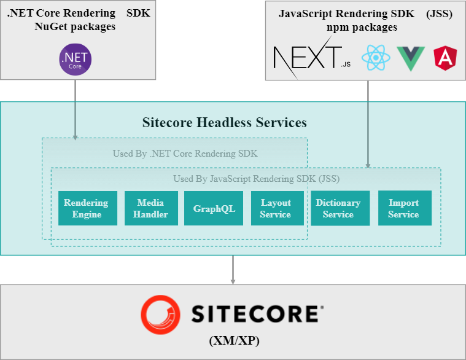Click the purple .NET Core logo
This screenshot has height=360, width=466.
(75, 60)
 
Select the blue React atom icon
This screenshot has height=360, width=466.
(376, 58)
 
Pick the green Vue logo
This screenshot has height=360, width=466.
(411, 58)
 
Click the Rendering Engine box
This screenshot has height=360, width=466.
(86, 208)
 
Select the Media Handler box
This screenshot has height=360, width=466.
(150, 208)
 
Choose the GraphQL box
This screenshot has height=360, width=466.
(214, 208)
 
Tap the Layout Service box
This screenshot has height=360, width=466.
(275, 208)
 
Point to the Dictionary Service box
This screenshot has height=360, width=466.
(338, 208)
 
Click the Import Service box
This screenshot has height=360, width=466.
(403, 208)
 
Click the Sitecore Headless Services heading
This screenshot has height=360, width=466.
(224, 122)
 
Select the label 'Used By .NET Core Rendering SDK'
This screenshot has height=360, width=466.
(185, 153)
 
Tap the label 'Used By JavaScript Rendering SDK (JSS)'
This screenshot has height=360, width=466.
(256, 179)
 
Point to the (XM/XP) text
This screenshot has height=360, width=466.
(234, 340)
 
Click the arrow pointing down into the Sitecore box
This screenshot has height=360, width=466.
(233, 270)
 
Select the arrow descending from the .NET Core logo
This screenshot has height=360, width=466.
(75, 108)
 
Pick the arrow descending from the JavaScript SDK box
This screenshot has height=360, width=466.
(368, 123)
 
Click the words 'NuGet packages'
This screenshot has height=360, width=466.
(75, 27)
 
